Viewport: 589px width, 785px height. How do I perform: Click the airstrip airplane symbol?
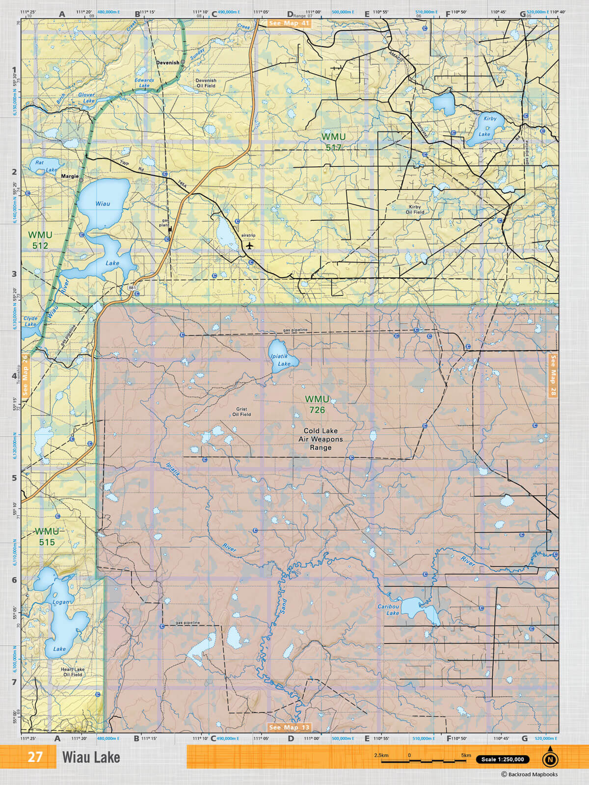pyautogui.click(x=250, y=245)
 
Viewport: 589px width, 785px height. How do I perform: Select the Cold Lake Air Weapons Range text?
pyautogui.click(x=321, y=439)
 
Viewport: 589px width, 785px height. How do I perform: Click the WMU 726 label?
pyautogui.click(x=317, y=405)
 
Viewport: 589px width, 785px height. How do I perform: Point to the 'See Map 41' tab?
pyautogui.click(x=289, y=23)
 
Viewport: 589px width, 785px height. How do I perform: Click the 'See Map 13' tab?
pyautogui.click(x=289, y=727)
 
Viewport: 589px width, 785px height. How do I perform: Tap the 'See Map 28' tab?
pyautogui.click(x=553, y=376)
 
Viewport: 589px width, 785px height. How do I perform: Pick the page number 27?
pyautogui.click(x=35, y=757)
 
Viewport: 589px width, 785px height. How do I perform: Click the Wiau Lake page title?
pyautogui.click(x=91, y=758)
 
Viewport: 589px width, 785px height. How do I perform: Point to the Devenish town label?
pyautogui.click(x=167, y=63)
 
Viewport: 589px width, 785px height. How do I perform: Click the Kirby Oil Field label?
pyautogui.click(x=415, y=209)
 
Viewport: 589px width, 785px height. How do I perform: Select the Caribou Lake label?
pyautogui.click(x=389, y=610)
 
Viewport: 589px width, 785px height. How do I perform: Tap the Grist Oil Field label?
pyautogui.click(x=241, y=412)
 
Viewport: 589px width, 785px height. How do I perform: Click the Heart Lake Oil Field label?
pyautogui.click(x=73, y=672)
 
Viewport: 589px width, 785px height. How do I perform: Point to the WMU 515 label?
pyautogui.click(x=47, y=537)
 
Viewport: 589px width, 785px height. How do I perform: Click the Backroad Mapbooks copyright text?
pyautogui.click(x=529, y=775)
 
